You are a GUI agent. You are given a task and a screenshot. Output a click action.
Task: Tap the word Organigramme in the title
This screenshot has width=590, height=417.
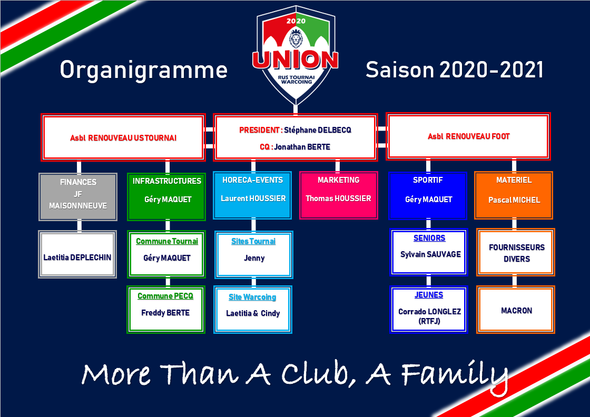coord(144,71)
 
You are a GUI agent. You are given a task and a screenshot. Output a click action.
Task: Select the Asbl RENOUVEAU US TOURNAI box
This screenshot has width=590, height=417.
coord(123,137)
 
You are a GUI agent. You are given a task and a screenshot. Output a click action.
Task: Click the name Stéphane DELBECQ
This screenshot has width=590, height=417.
coord(318,130)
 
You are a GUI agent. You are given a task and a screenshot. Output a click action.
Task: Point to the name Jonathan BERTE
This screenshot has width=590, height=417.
coord(302,147)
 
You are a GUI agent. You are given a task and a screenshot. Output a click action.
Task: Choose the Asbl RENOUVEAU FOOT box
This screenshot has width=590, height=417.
coord(468,136)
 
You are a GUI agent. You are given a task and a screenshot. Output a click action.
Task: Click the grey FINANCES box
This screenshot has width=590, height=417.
coord(78,197)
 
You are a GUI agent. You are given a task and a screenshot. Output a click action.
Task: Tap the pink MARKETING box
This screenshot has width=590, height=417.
coord(339,195)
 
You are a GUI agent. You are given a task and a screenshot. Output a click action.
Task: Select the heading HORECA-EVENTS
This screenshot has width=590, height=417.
coord(252,180)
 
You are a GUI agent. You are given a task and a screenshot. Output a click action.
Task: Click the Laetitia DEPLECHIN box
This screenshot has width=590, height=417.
coord(77,254)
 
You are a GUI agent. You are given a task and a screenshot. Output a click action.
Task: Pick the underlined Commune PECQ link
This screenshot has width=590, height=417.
coord(165,296)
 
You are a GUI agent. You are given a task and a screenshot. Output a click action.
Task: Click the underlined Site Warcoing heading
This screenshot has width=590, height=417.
coord(252,297)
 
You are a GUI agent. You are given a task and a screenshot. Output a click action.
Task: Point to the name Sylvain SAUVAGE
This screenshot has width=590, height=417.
coord(430,254)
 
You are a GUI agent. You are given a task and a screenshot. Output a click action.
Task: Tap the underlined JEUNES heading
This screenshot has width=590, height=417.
coord(429,295)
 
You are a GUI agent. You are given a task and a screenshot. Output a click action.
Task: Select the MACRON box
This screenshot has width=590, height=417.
coord(516,310)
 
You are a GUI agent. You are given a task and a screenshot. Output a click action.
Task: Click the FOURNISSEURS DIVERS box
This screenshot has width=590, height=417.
coord(516,252)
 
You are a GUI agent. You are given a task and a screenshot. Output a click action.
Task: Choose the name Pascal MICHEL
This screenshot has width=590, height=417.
coord(514,200)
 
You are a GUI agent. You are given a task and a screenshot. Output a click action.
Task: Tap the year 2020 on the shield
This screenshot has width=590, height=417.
coord(296,21)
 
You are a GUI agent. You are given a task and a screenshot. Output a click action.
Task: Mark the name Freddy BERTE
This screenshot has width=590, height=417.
coord(165,313)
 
